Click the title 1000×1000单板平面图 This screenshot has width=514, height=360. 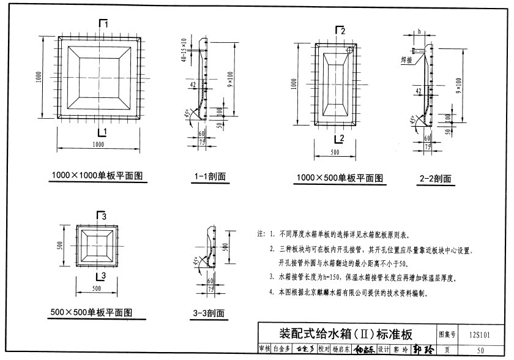[97, 176]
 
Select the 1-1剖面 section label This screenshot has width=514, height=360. [210, 177]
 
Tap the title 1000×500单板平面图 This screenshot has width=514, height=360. [340, 178]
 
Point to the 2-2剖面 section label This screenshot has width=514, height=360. [436, 179]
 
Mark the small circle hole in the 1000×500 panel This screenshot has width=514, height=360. [349, 50]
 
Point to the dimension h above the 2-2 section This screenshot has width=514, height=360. [420, 30]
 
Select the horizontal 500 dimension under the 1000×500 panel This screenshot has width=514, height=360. [335, 151]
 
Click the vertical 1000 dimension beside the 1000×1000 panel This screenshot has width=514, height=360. [39, 77]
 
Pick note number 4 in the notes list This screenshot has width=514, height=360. [271, 293]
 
